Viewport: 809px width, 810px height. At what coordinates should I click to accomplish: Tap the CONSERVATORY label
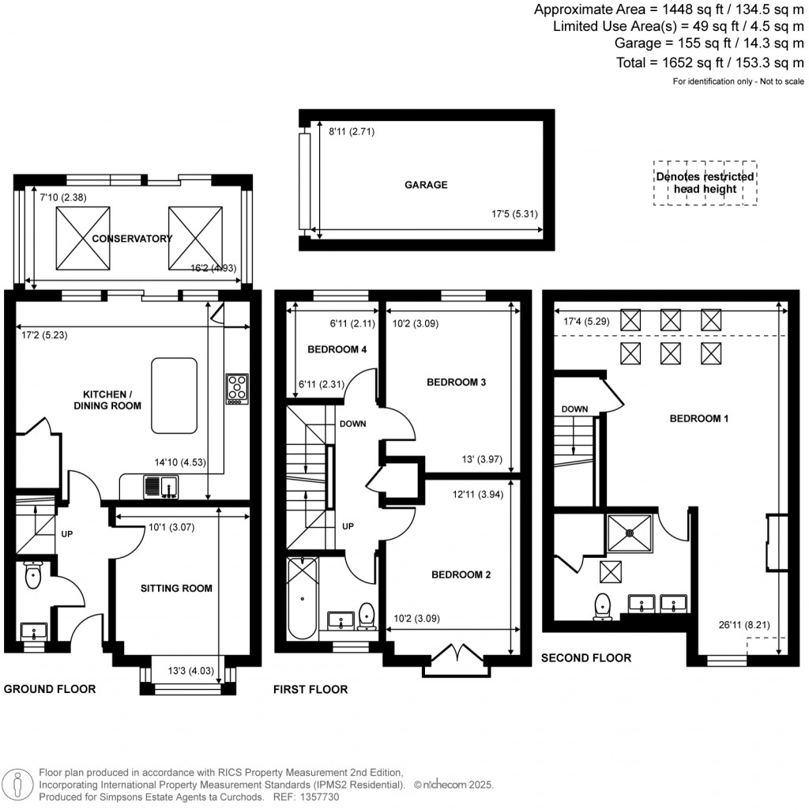click(x=131, y=239)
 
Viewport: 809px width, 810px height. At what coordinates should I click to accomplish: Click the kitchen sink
click(x=160, y=488)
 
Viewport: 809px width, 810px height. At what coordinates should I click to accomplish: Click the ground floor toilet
click(x=33, y=576)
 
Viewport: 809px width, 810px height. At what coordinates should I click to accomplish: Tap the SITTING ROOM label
click(x=176, y=588)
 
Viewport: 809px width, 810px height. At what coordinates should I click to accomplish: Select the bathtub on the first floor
click(x=301, y=598)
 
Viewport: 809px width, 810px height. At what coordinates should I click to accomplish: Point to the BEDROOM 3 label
click(x=456, y=382)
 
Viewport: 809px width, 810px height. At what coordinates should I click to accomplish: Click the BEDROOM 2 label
click(x=461, y=575)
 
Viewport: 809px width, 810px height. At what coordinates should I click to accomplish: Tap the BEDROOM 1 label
click(x=698, y=419)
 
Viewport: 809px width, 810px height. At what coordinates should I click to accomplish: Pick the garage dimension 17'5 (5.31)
click(x=515, y=214)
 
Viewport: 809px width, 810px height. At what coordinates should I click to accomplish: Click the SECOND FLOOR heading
click(x=585, y=657)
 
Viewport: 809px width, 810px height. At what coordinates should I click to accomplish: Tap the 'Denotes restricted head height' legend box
click(x=705, y=183)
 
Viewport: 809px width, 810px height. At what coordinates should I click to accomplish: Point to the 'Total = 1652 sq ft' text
click(x=709, y=63)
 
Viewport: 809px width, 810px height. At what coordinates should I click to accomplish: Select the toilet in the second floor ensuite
click(x=604, y=605)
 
